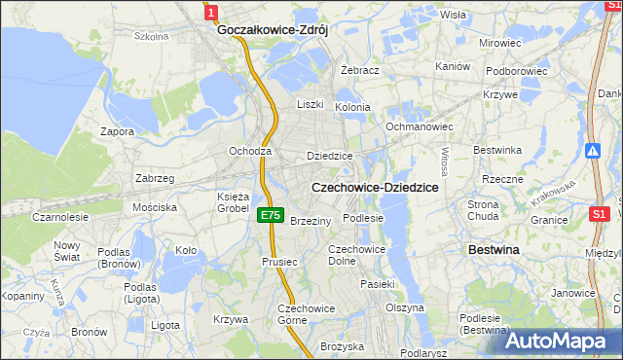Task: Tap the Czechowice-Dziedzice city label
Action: [375, 186]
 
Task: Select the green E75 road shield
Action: [272, 216]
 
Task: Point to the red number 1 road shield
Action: [211, 12]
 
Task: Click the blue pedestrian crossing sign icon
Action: [593, 151]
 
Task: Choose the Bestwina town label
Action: [494, 250]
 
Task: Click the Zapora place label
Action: [117, 131]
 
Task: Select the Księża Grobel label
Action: [233, 201]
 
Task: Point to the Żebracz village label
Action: [360, 71]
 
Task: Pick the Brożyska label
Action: [342, 346]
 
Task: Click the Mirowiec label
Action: [499, 44]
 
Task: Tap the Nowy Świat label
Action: [67, 251]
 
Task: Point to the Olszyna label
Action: [405, 307]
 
